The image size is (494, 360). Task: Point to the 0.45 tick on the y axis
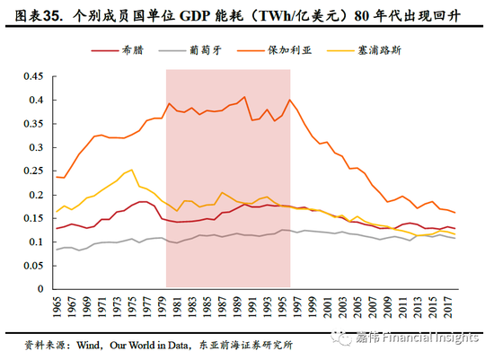coord(37,77)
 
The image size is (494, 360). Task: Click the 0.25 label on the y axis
coord(37,171)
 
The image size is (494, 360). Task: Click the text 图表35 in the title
coord(32,14)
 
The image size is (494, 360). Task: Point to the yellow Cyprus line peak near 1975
coord(132,169)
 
